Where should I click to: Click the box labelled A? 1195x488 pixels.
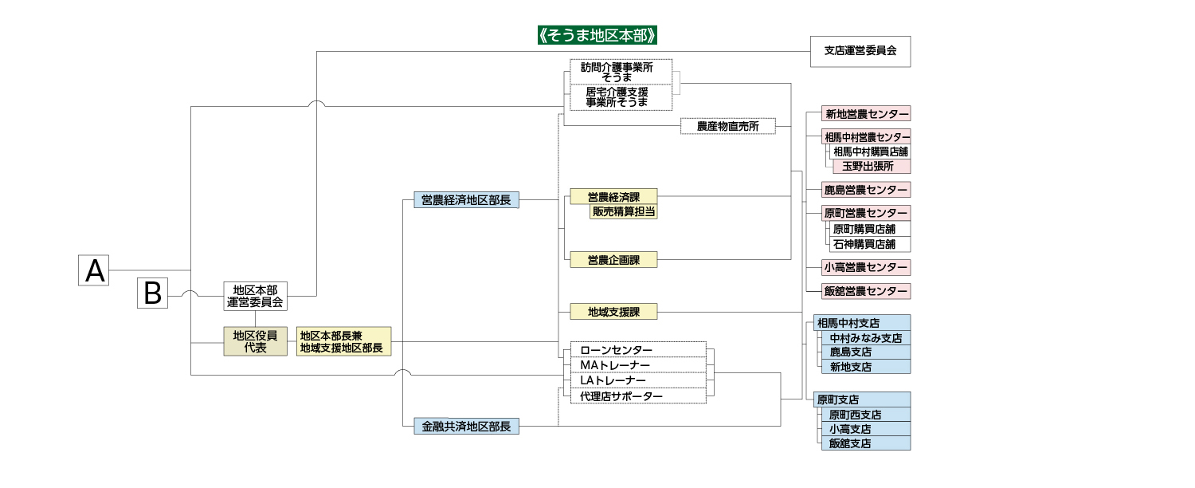coord(94,270)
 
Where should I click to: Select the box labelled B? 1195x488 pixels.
coord(153,293)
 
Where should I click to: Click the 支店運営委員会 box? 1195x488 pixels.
coord(860,51)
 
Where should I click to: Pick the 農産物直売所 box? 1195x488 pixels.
coord(728,126)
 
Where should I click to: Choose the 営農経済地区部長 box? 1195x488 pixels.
coord(466,200)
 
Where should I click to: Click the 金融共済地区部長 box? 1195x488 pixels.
coord(466,427)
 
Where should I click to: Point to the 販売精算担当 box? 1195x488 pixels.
coord(624,211)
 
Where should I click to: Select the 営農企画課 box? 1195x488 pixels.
coord(613,259)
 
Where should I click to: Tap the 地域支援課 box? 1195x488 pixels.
coord(613,312)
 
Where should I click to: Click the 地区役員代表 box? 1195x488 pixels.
coord(255,341)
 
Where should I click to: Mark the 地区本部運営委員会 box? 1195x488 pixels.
coord(255,296)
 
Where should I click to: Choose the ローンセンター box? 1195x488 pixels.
coord(638,350)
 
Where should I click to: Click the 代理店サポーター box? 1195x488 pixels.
coord(638,396)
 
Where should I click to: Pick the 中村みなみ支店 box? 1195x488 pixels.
coord(865,338)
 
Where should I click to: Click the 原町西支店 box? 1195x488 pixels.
coord(865,415)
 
